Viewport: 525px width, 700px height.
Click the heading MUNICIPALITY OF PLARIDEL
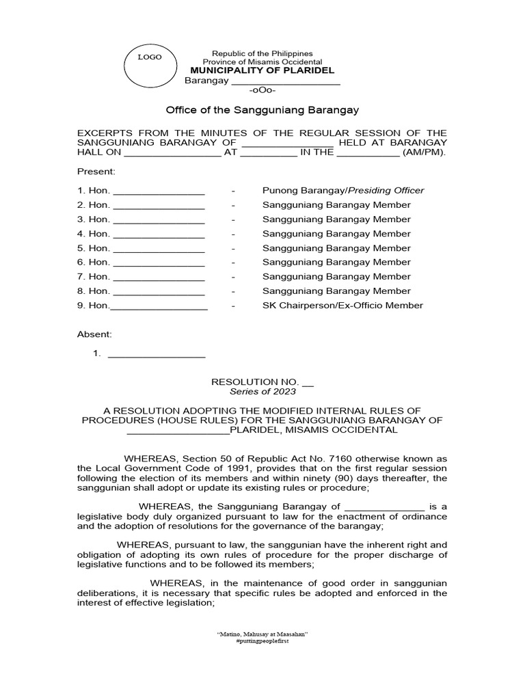(x=262, y=71)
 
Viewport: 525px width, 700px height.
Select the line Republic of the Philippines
(x=262, y=53)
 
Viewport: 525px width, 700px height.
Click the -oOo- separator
(x=262, y=91)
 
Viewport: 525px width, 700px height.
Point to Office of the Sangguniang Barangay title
(x=262, y=110)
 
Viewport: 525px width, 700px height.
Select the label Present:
(x=96, y=171)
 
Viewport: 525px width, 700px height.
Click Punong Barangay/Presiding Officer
(x=343, y=191)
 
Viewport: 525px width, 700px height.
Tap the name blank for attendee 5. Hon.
(x=159, y=248)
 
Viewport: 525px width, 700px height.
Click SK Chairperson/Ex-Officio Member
(x=342, y=306)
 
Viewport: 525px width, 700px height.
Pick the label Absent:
(x=94, y=334)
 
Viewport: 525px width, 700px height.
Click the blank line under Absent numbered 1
(x=157, y=354)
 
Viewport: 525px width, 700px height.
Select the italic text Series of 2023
(x=262, y=392)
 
